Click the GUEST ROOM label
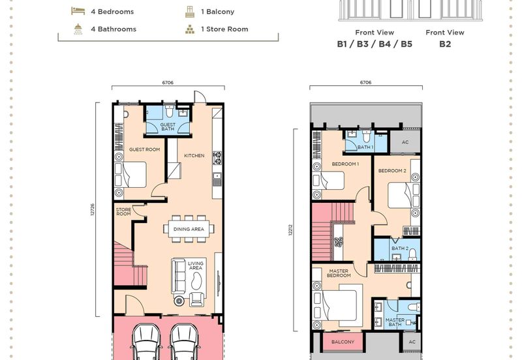(144, 150)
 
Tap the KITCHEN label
(194, 155)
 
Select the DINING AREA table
(189, 229)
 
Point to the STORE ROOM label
(123, 211)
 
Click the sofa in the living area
(178, 276)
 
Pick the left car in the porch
(146, 342)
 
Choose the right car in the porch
(184, 342)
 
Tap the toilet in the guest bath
(169, 111)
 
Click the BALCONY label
(343, 342)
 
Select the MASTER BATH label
(395, 322)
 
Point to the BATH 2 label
(400, 248)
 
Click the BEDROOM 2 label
(392, 171)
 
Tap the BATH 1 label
(365, 147)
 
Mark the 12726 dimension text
(93, 209)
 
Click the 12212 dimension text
(290, 230)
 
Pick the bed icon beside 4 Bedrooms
(78, 11)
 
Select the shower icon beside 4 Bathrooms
(78, 29)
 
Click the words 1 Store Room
(224, 29)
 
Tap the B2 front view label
(445, 44)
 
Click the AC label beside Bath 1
(405, 142)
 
